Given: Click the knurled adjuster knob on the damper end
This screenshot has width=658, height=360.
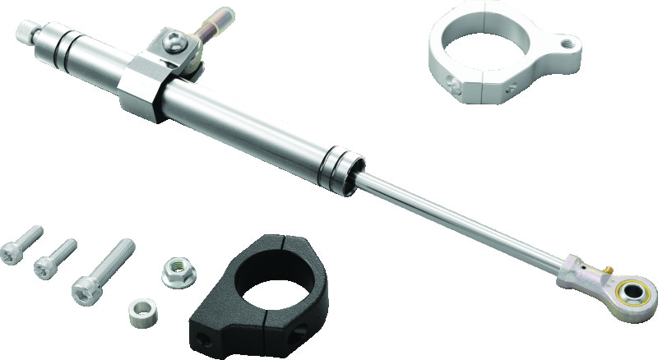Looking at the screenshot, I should (x=25, y=34).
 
